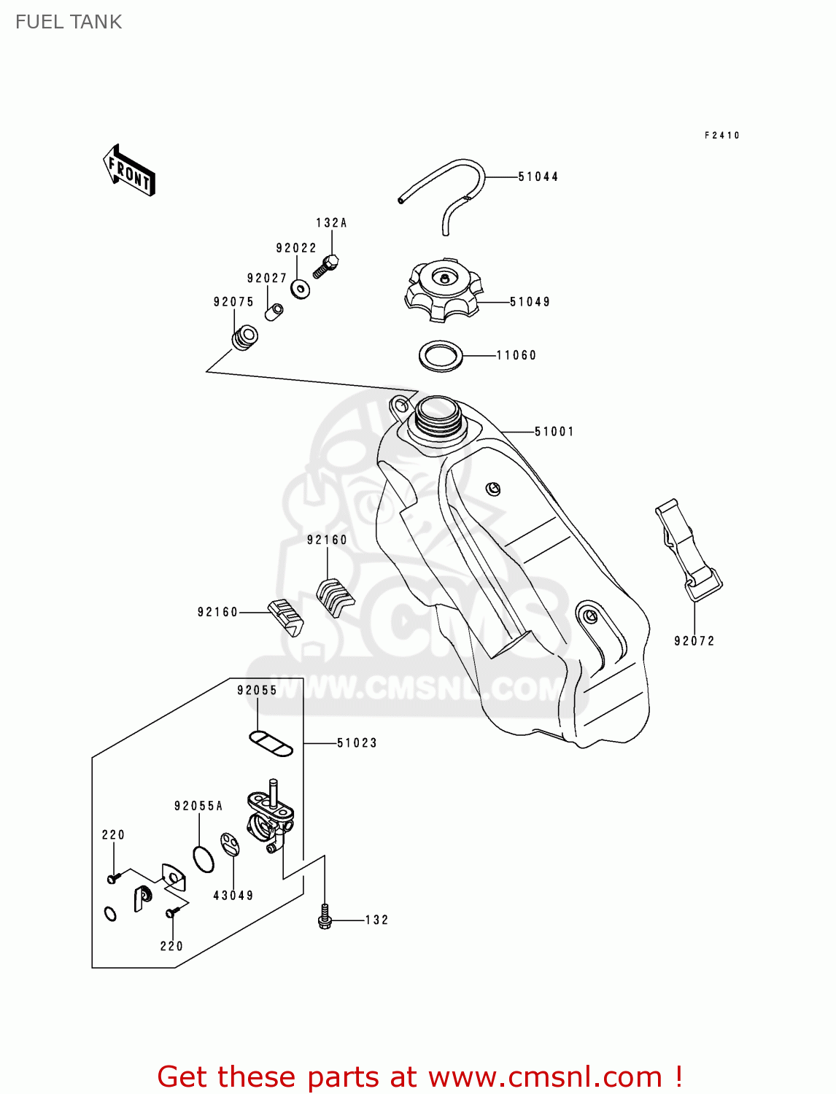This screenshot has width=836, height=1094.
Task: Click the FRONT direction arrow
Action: (130, 171)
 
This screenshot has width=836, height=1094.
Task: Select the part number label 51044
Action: (538, 176)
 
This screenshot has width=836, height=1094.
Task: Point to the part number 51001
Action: (554, 432)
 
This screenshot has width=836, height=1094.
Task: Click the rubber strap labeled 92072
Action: (688, 551)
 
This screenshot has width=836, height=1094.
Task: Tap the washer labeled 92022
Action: (300, 289)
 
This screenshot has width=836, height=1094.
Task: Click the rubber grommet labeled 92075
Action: (244, 338)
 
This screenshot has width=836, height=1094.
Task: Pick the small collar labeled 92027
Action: (275, 311)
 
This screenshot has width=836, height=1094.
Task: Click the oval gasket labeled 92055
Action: (271, 743)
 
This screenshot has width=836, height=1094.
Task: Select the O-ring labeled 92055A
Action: (204, 859)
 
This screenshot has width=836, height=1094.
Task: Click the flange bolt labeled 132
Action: (325, 918)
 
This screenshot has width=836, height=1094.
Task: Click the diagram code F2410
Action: (721, 136)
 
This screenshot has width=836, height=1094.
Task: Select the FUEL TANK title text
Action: (69, 22)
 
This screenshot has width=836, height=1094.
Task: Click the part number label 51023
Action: (357, 743)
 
